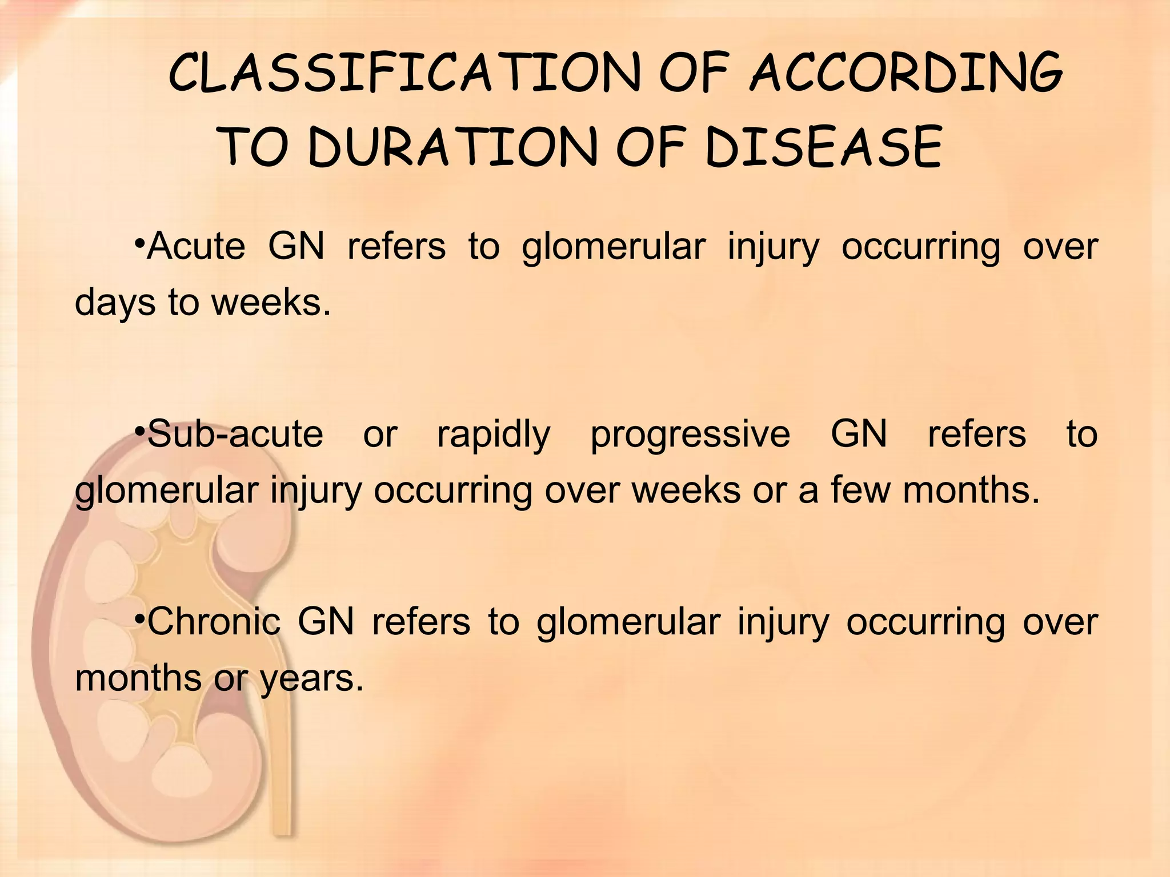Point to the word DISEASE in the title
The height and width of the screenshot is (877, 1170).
click(823, 147)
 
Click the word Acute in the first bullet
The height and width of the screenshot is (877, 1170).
click(196, 247)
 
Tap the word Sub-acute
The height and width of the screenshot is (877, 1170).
click(235, 434)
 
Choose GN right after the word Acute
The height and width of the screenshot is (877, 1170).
click(296, 247)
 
